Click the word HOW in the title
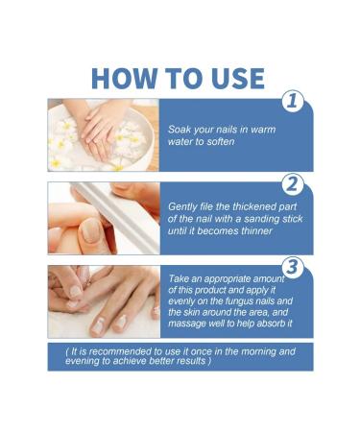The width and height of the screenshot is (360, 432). click(x=122, y=79)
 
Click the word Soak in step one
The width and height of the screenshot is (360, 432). click(x=182, y=129)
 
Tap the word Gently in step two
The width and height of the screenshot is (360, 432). click(x=186, y=207)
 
